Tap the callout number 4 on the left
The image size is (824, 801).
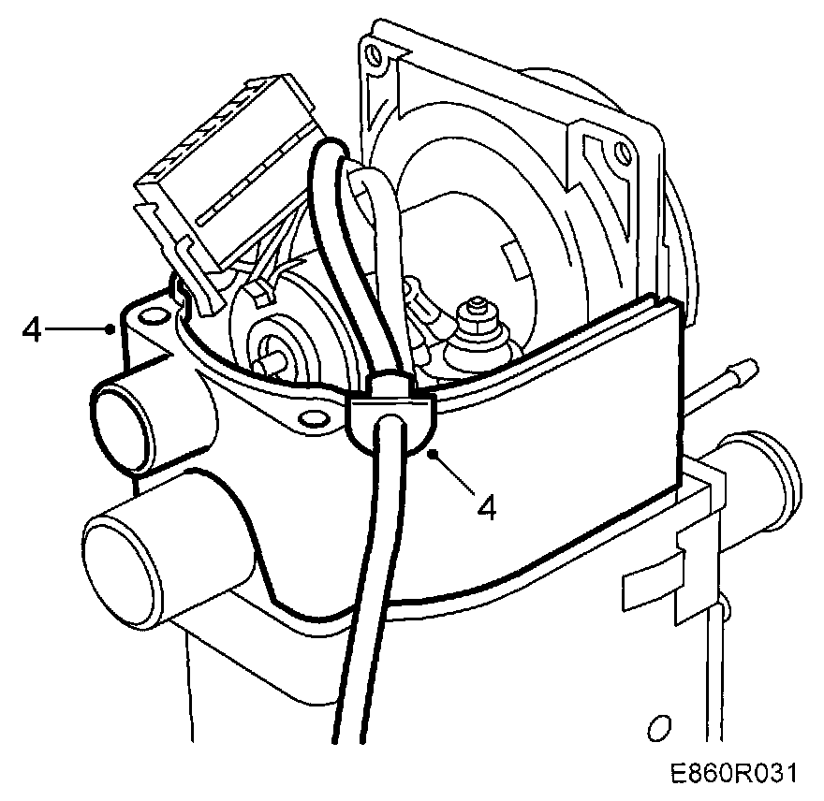[x=32, y=329]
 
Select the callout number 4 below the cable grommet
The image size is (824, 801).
[x=486, y=506]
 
